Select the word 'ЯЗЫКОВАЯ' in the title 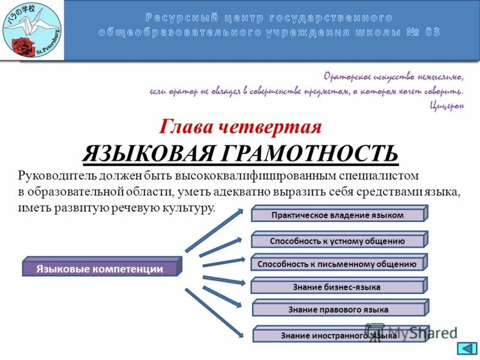pyautogui.click(x=150, y=153)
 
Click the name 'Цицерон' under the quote pyautogui.click(x=447, y=106)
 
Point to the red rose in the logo pyautogui.click(x=24, y=46)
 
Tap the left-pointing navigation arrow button pyautogui.click(x=466, y=349)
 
